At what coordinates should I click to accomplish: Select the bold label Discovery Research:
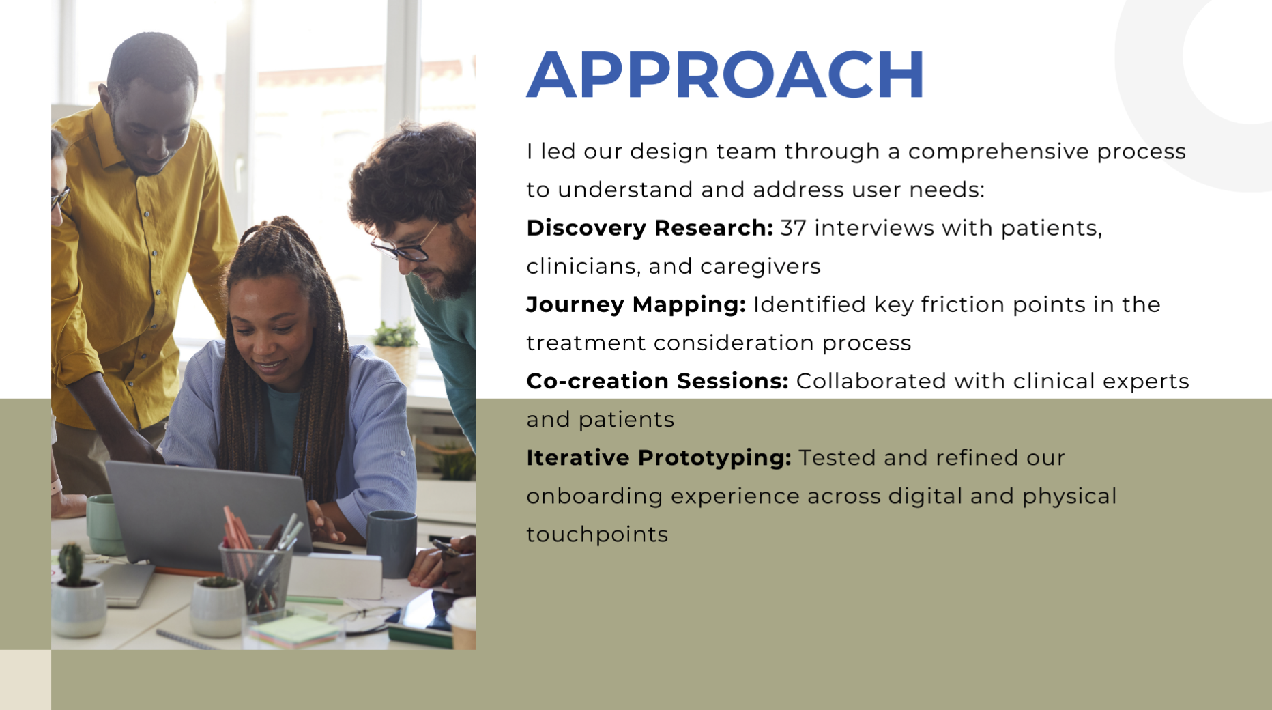(650, 228)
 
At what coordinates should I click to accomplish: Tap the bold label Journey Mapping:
(636, 304)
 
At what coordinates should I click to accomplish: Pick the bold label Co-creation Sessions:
(657, 381)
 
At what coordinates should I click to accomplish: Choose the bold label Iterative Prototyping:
(659, 458)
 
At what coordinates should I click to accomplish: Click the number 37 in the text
(793, 228)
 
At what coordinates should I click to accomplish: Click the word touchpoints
(597, 535)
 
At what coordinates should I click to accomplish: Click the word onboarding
(594, 496)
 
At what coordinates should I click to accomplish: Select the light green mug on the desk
(104, 524)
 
